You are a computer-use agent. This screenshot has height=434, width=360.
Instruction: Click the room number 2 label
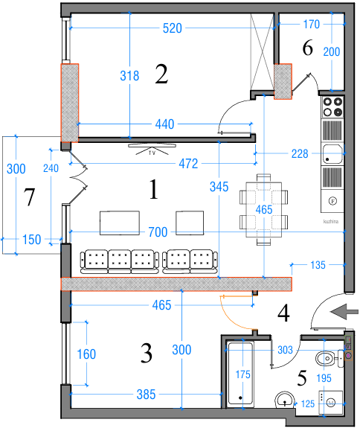(x=161, y=74)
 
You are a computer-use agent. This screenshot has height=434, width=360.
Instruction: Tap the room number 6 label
(x=307, y=48)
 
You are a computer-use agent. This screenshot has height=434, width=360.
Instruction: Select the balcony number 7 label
(x=29, y=197)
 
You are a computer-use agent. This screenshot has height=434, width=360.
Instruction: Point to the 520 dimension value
(x=173, y=28)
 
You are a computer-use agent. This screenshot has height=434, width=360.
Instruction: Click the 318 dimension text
(x=129, y=76)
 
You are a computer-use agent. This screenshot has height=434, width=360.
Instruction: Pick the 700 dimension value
(x=158, y=232)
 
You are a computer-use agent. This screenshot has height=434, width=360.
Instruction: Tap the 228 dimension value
(x=300, y=153)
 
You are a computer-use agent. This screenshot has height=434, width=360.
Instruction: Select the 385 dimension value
(x=146, y=394)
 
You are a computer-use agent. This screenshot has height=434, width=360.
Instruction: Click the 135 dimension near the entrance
(x=318, y=265)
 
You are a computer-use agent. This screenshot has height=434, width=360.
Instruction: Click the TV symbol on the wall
(x=152, y=149)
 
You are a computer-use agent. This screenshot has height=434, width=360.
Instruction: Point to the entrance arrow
(x=344, y=312)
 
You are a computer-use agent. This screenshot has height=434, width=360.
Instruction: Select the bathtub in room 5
(x=240, y=374)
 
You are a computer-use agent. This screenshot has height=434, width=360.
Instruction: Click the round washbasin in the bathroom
(x=285, y=401)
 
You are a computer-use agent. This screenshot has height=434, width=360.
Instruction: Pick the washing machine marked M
(x=331, y=403)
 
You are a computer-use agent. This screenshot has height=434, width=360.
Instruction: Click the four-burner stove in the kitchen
(x=332, y=107)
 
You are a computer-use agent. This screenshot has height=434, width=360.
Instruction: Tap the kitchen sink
(x=332, y=154)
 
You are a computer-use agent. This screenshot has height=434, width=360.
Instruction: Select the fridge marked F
(x=332, y=201)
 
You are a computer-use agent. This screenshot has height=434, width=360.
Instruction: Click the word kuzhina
(x=331, y=221)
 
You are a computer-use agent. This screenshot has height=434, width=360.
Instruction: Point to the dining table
(x=263, y=209)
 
